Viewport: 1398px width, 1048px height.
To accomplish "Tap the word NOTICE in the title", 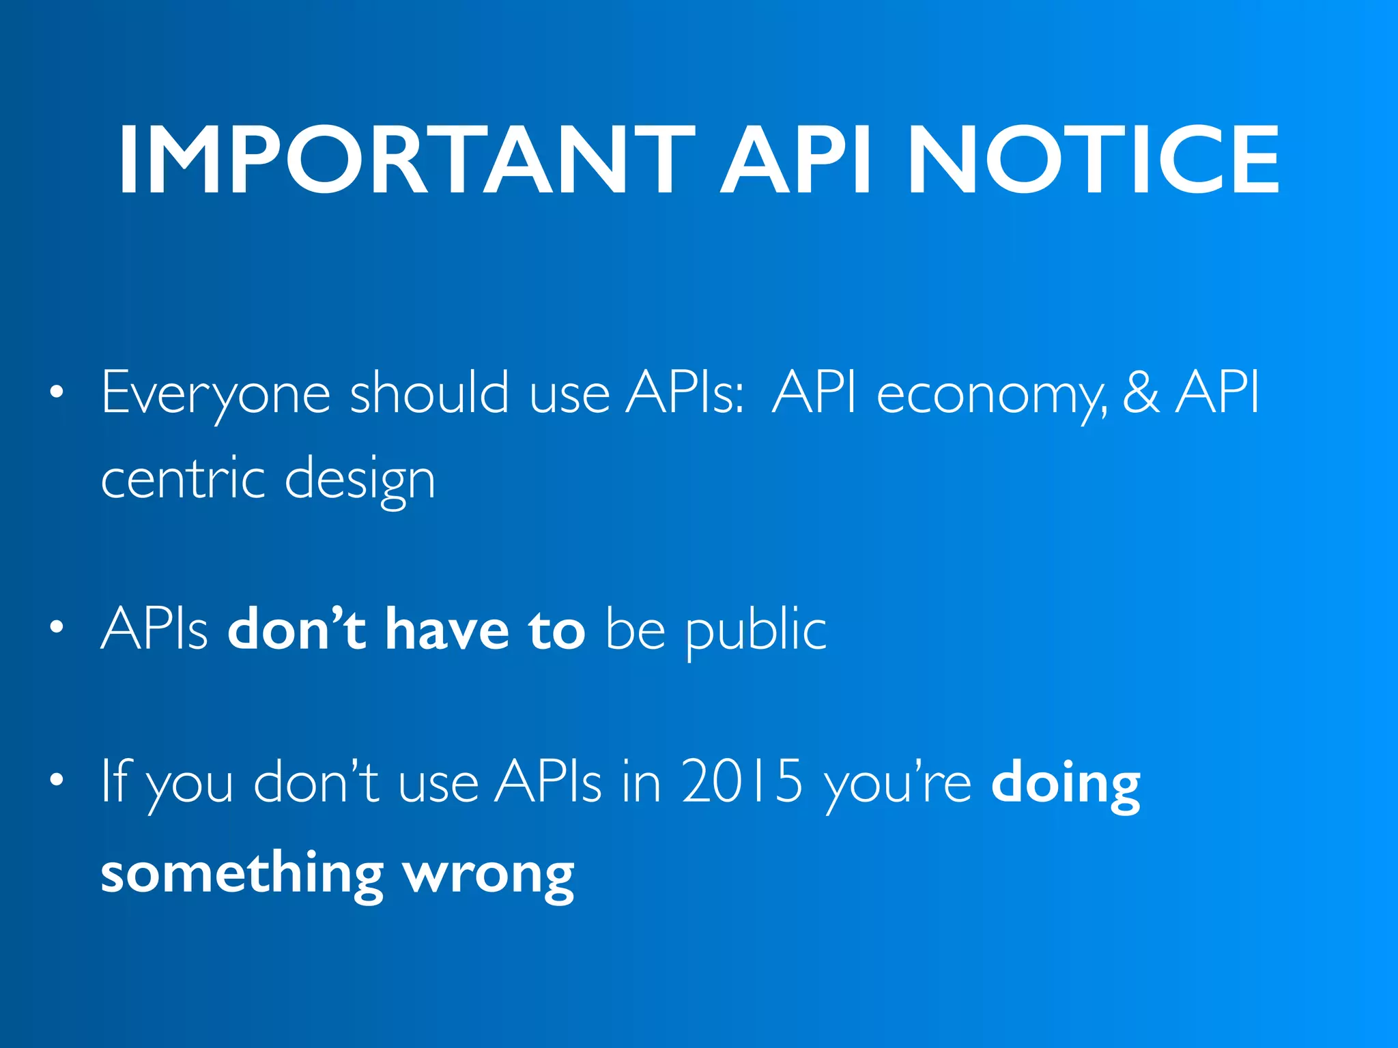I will (x=1093, y=161).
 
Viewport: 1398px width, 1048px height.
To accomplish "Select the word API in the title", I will (x=797, y=161).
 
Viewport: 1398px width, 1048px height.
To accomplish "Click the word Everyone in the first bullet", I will (x=216, y=393).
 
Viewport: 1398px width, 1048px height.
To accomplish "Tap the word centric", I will (x=183, y=478).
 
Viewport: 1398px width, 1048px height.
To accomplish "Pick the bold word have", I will (x=447, y=628).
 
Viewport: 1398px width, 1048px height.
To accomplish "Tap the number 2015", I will (x=742, y=782).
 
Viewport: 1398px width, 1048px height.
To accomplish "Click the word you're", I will (x=898, y=783).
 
